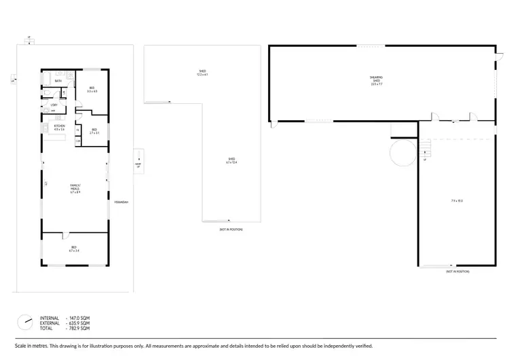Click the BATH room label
coord(58,81)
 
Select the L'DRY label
coord(54,105)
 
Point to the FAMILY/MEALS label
coord(75,188)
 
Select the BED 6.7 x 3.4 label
coord(74,249)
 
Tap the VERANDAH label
coord(121,202)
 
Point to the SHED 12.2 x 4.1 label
coord(202,72)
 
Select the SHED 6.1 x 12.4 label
coord(231,161)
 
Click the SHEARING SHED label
coord(376,82)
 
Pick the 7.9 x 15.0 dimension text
coord(457,200)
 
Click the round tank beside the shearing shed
coord(401,154)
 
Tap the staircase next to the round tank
coord(425,146)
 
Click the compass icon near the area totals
coord(25,320)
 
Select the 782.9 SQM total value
coord(79,328)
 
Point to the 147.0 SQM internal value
coord(79,317)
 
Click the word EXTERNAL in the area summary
coord(51,323)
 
